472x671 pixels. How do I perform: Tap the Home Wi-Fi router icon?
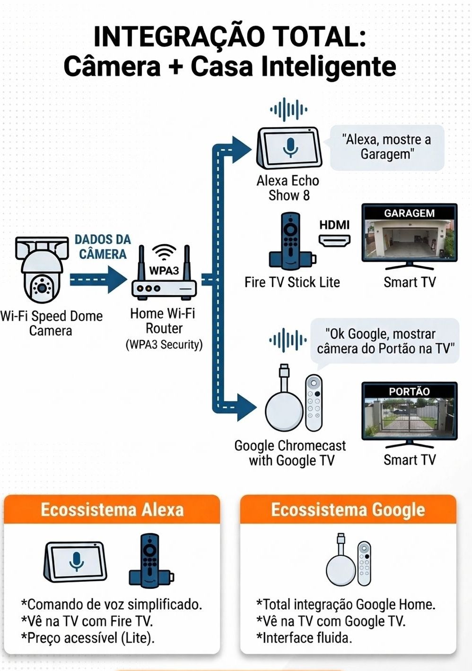tap(164, 274)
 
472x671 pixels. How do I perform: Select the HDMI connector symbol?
tap(334, 240)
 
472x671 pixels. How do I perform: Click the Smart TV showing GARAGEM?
tap(409, 234)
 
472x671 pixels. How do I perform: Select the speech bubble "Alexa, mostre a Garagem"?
tap(386, 147)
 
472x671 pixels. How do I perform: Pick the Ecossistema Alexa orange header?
tap(112, 510)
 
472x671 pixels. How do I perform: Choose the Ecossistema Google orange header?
tap(348, 510)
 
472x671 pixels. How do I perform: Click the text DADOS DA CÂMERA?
tap(103, 246)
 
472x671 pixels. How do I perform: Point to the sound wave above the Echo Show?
tap(288, 110)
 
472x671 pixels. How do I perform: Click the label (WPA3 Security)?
tap(164, 345)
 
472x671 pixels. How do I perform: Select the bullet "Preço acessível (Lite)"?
tap(88, 638)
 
